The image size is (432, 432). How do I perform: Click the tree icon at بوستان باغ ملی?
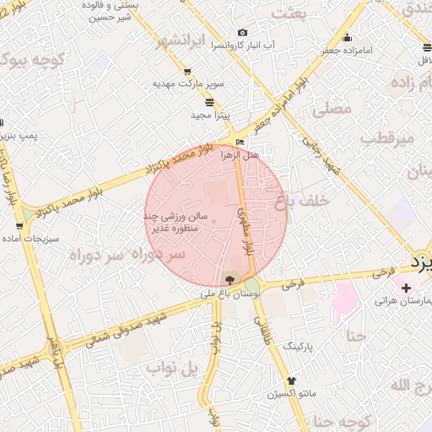click(x=229, y=279)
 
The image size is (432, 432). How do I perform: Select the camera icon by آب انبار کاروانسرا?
click(x=243, y=32)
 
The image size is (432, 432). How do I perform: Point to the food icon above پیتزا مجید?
click(x=209, y=101)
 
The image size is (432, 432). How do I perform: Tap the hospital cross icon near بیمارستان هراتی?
click(x=408, y=288)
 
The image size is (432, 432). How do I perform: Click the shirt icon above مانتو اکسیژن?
click(x=292, y=381)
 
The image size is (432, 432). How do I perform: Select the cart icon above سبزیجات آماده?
click(x=19, y=226)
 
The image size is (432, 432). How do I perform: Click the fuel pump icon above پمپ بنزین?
click(x=3, y=122)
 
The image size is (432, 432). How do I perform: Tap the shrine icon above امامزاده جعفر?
click(x=348, y=36)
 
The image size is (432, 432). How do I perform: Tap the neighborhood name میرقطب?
click(x=388, y=137)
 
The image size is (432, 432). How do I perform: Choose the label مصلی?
click(x=332, y=110)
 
